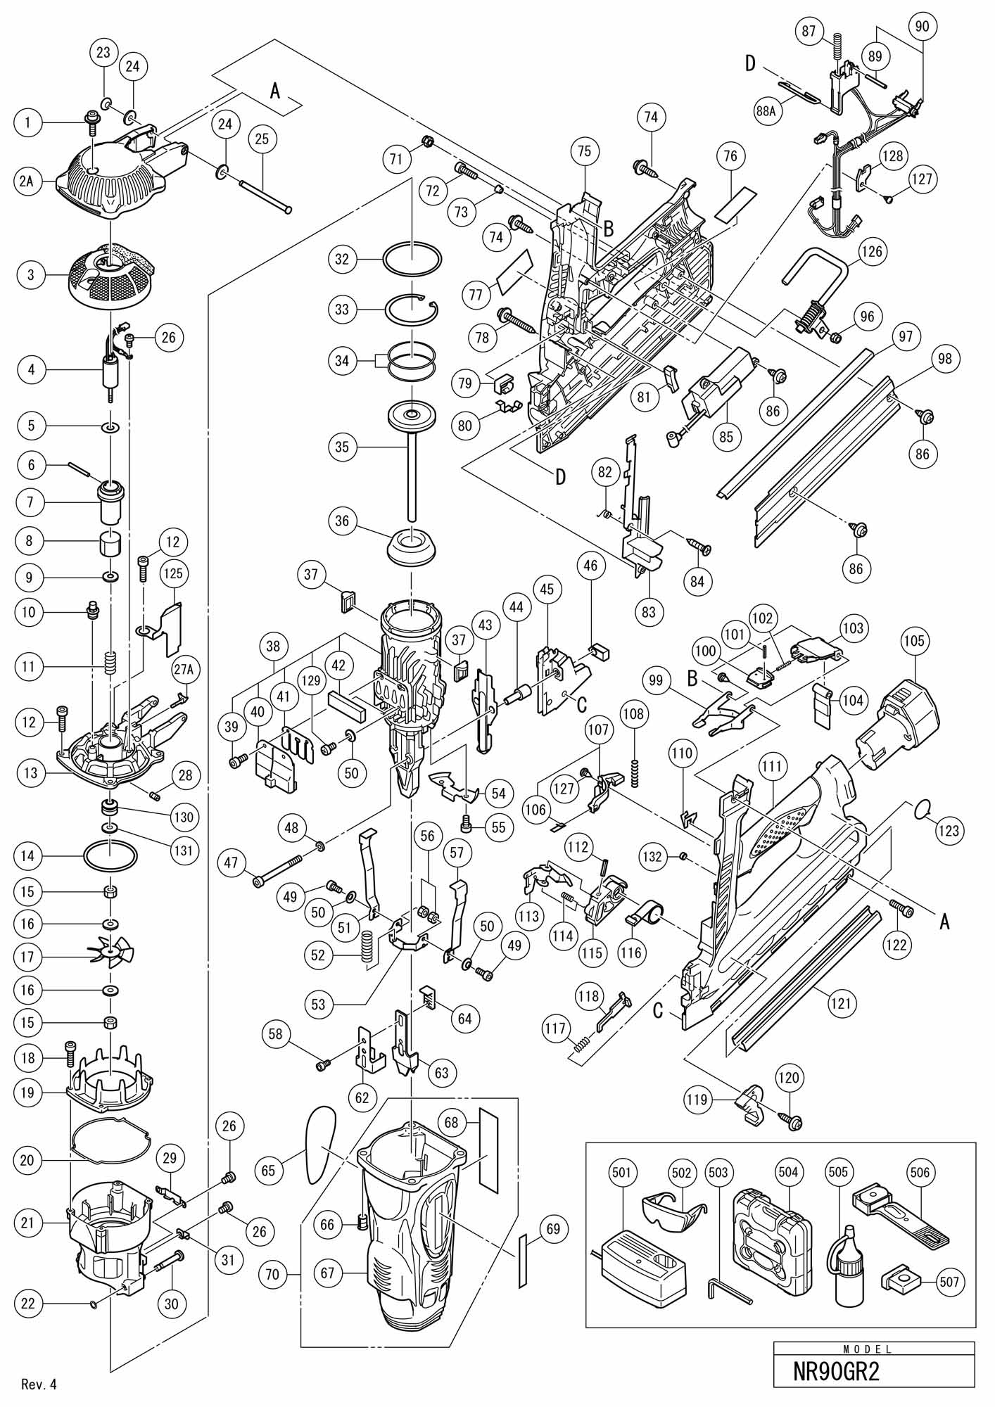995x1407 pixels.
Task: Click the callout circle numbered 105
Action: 916,642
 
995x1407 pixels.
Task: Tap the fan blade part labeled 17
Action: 110,955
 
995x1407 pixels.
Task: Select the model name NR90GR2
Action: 836,1371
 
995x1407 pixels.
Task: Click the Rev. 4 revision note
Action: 39,1385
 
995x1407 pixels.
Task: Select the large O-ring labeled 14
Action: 110,856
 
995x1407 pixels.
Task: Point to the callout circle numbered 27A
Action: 182,670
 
